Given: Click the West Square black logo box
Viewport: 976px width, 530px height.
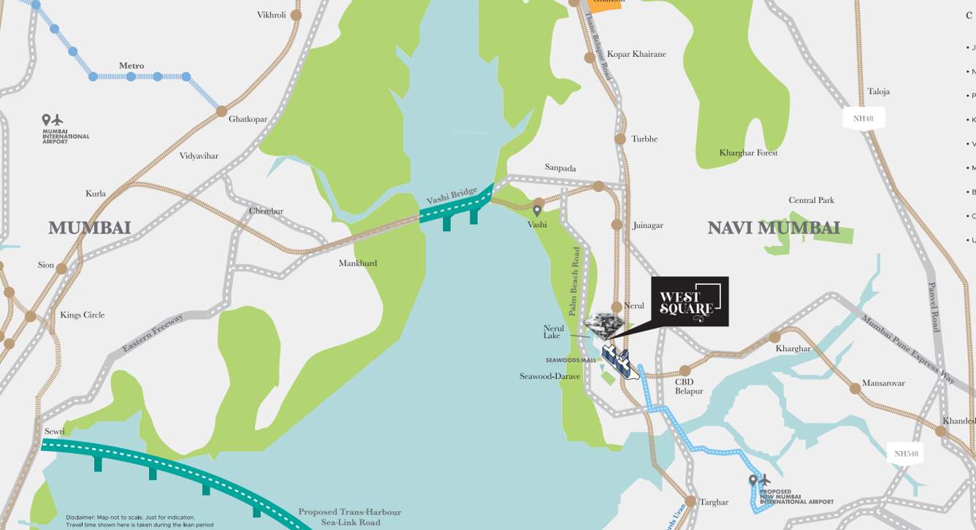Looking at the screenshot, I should (690, 302).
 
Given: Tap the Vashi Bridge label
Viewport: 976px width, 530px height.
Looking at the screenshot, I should (451, 196).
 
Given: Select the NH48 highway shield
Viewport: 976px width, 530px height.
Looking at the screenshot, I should (863, 118).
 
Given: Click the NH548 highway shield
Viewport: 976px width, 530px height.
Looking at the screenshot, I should (906, 453).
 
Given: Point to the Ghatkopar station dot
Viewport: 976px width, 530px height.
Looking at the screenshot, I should (221, 111).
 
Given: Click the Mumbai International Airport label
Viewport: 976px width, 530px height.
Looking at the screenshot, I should (66, 136).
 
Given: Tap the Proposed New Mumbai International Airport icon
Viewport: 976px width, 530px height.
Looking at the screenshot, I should (759, 481).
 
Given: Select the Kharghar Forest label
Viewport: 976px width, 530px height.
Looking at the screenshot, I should (748, 153).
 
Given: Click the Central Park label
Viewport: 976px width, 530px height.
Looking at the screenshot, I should (811, 200).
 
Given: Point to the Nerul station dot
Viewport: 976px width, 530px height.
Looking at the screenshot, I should (617, 307).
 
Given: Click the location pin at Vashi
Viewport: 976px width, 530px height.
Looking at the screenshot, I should (538, 212).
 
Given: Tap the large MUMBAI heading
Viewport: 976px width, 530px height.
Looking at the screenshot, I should (89, 228).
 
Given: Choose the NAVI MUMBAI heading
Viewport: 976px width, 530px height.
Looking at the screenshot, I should (773, 228).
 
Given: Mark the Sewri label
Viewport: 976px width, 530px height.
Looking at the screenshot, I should (55, 431).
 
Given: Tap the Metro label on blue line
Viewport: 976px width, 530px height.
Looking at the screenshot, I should (131, 66).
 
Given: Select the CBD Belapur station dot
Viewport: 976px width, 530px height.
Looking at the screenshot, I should (685, 371).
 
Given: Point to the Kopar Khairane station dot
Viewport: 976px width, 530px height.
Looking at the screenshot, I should (590, 58).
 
